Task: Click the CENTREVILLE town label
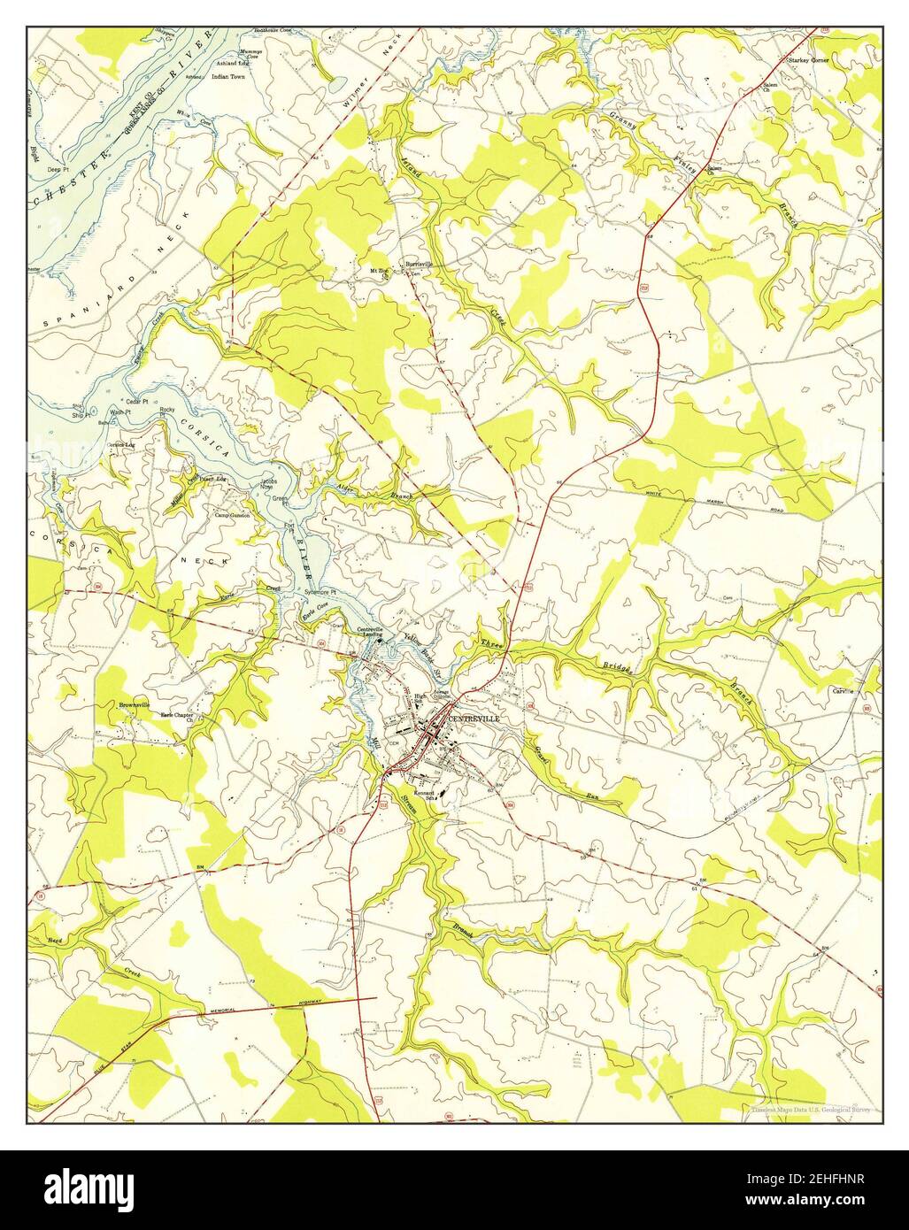[x=474, y=719]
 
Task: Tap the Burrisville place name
[x=418, y=264]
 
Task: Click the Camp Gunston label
[x=232, y=515]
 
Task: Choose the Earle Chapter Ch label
[x=182, y=717]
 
